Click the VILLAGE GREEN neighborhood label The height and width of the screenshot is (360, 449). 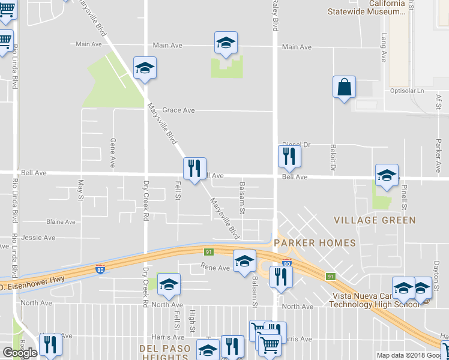click(375, 220)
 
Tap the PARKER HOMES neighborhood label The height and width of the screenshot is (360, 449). click(315, 243)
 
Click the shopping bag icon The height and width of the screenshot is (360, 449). click(345, 88)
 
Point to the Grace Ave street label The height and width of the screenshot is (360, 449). click(179, 110)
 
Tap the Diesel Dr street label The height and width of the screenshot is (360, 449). click(297, 145)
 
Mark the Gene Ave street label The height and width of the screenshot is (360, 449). click(112, 152)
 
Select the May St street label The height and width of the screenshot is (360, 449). click(80, 190)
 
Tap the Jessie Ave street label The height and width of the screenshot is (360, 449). click(38, 238)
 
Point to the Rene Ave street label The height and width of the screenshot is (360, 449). click(215, 268)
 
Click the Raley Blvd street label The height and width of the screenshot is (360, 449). click(276, 16)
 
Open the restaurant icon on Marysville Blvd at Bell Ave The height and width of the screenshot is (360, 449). click(194, 169)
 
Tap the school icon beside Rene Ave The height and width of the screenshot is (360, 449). click(244, 262)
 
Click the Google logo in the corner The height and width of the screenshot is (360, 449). click(20, 353)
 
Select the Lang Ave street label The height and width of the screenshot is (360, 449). click(384, 48)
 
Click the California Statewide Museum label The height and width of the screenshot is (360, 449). click(366, 7)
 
